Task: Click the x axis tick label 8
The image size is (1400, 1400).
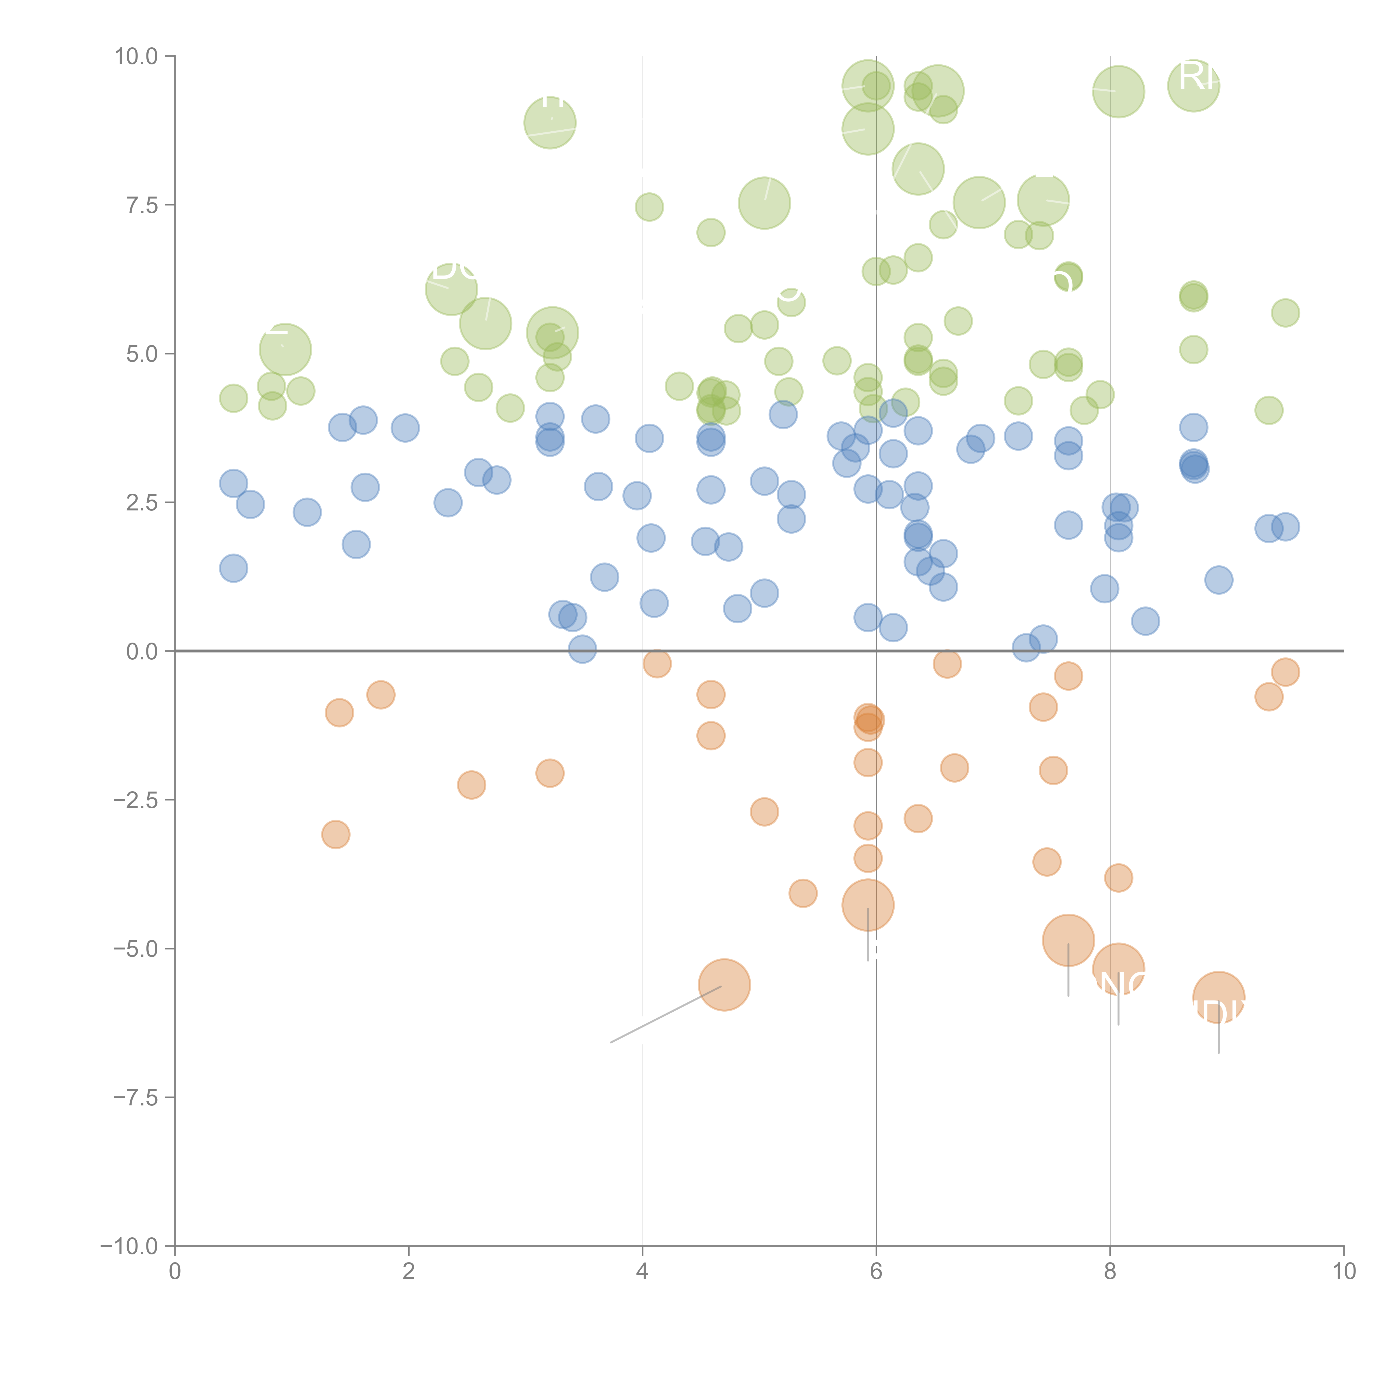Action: pos(1110,1272)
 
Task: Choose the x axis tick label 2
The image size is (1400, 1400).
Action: pos(409,1272)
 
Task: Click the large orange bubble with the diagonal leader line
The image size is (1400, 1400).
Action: pos(724,984)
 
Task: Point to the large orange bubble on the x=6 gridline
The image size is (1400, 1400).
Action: pos(867,904)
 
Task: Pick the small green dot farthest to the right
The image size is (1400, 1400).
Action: pos(1285,313)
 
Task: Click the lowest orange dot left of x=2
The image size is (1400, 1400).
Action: pos(335,834)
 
